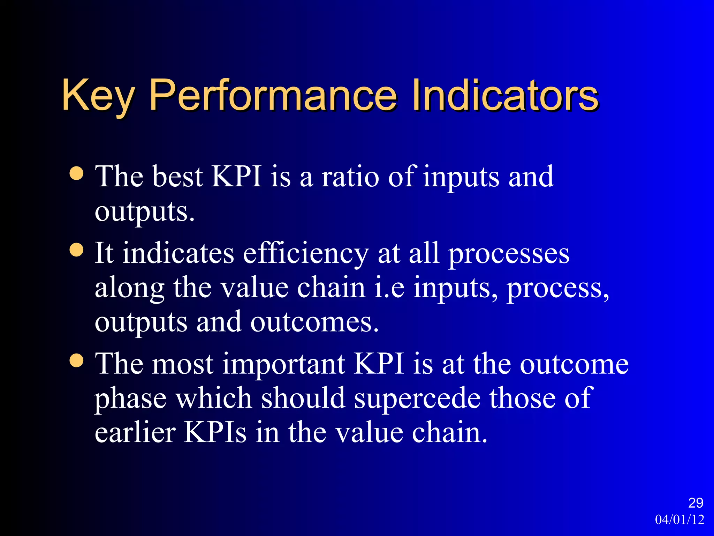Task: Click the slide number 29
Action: click(x=696, y=503)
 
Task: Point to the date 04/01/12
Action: click(x=679, y=520)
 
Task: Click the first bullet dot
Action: click(x=77, y=173)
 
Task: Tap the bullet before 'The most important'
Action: click(x=77, y=360)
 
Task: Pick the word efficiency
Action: click(x=306, y=253)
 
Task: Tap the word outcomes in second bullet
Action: click(x=314, y=322)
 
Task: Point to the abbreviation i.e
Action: click(x=389, y=288)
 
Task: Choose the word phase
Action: click(x=130, y=399)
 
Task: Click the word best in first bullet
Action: click(x=177, y=177)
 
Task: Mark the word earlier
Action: click(x=135, y=432)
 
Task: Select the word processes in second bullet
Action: click(x=509, y=254)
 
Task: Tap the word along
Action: click(x=129, y=289)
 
